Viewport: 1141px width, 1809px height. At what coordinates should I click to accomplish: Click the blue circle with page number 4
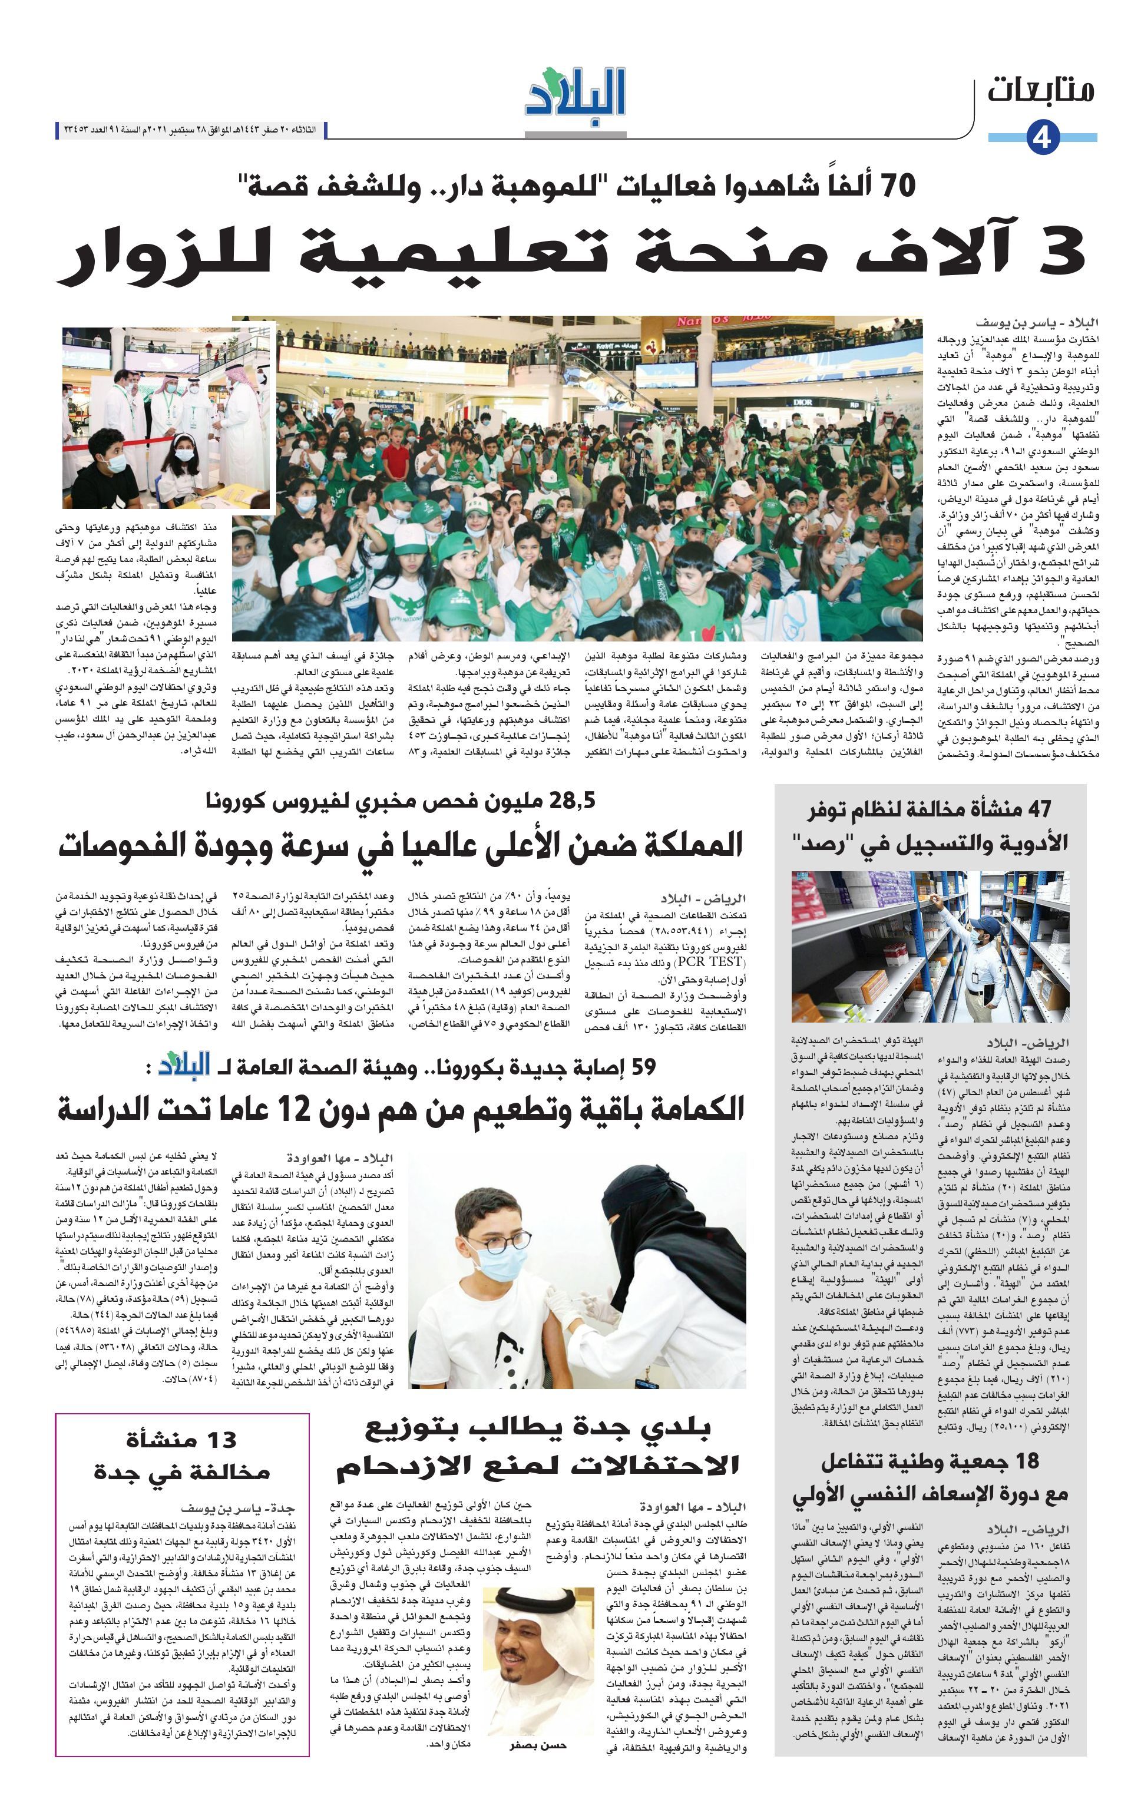(x=1042, y=137)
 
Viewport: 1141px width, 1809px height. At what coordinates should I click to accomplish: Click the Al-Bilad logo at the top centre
(x=576, y=93)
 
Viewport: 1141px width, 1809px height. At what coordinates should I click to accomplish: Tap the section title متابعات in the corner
(x=1040, y=90)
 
